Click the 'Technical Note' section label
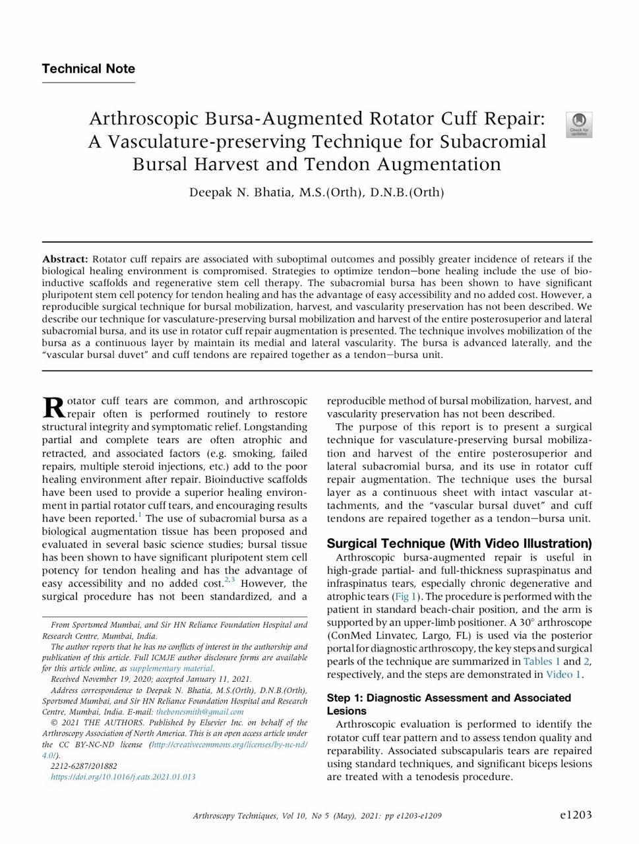(88, 69)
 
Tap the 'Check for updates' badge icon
(578, 124)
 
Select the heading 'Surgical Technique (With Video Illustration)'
(459, 543)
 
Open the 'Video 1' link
(563, 675)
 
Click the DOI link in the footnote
(123, 777)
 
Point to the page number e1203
(576, 815)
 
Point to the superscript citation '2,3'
(229, 580)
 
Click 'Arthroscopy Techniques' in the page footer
(235, 816)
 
